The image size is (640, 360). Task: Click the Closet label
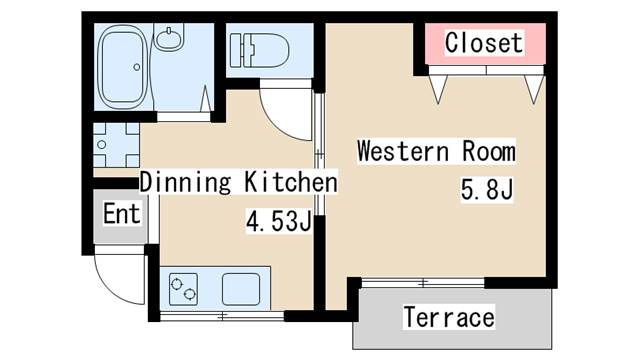[484, 43]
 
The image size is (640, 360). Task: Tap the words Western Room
[436, 151]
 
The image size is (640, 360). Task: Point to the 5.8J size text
[487, 189]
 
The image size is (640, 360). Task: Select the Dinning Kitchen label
[239, 182]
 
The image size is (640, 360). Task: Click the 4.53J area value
[279, 222]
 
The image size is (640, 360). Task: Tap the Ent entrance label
[121, 213]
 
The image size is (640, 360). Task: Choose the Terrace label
[449, 317]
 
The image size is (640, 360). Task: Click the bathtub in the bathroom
[123, 67]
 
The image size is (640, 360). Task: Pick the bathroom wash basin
[169, 38]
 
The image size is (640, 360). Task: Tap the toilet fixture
[259, 51]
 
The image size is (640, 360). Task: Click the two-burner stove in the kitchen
[183, 289]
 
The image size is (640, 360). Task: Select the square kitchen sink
[241, 289]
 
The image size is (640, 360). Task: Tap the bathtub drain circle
[137, 67]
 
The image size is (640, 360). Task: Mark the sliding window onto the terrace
[423, 282]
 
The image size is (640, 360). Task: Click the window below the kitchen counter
[222, 316]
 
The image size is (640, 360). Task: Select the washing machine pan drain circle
[102, 144]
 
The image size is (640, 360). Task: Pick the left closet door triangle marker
[438, 89]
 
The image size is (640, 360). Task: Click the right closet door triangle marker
[534, 89]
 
